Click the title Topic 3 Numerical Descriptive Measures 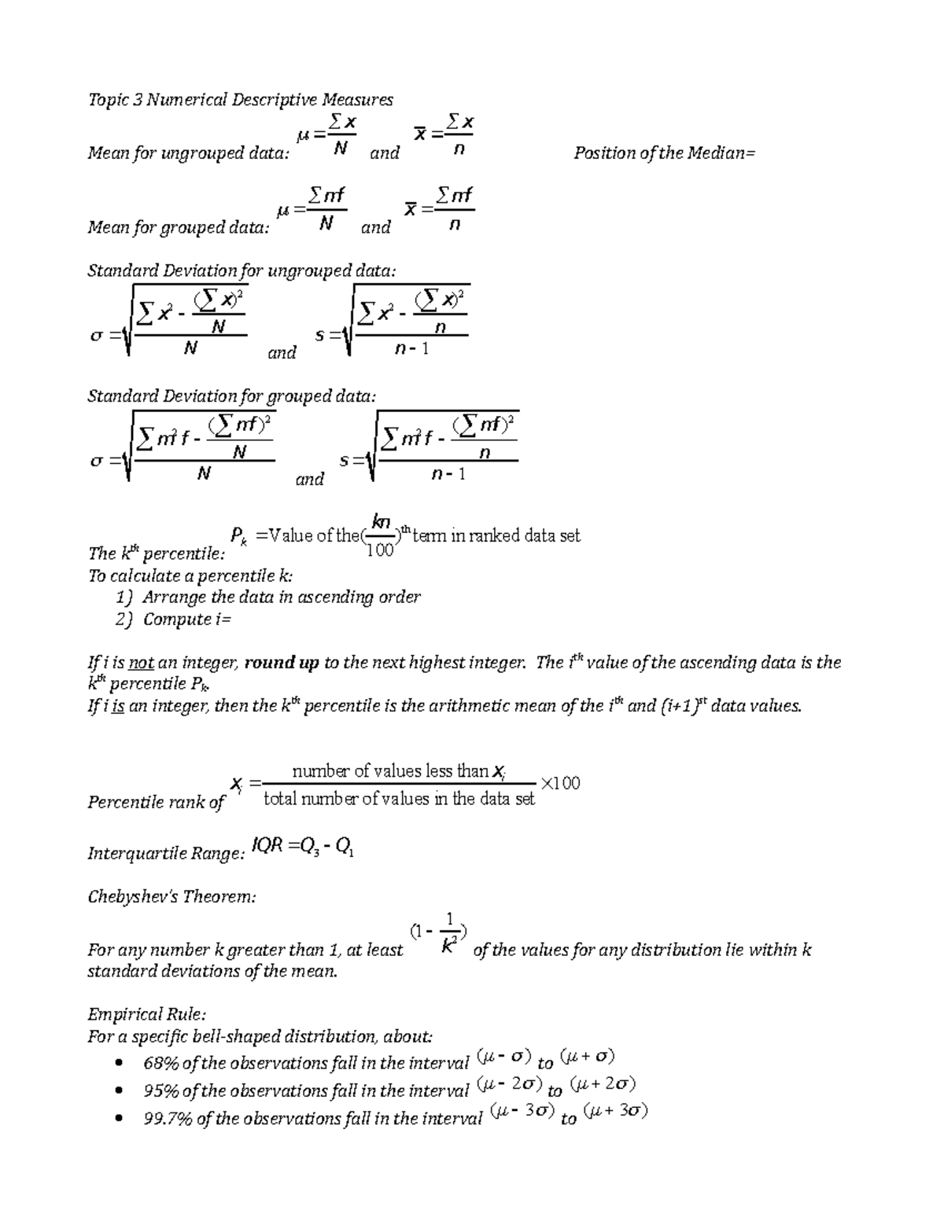pos(240,100)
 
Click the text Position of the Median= pos(663,153)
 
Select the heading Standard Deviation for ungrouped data pos(242,271)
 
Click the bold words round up pos(282,663)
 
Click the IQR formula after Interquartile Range pos(302,848)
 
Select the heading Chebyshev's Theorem pos(171,896)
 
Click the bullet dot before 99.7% pos(120,1119)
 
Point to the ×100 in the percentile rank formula pos(560,783)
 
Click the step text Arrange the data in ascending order pos(281,598)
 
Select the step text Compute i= pos(187,620)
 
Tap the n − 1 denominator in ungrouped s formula pos(412,348)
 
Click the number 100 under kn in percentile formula pos(381,551)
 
